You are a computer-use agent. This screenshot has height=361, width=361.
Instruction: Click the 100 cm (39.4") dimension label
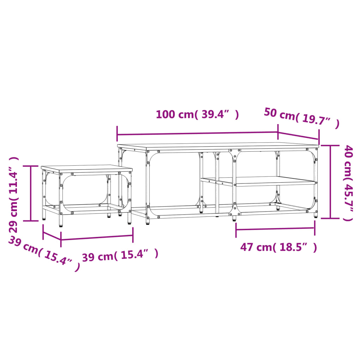click(x=197, y=115)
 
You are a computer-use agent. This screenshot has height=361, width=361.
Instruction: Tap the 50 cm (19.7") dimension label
click(x=301, y=118)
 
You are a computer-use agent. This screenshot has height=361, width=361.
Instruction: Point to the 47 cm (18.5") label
click(x=279, y=247)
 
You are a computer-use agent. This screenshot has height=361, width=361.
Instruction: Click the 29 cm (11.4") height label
click(x=14, y=194)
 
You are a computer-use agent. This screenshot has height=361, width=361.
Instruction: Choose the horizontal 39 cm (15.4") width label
click(x=120, y=255)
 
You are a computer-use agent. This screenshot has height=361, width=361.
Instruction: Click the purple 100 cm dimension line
click(x=197, y=134)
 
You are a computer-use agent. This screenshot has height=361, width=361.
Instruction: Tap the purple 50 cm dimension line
click(x=298, y=136)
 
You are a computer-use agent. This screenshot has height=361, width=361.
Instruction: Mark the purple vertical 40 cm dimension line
click(x=330, y=182)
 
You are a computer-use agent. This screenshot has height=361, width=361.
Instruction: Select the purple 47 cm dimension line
click(x=275, y=228)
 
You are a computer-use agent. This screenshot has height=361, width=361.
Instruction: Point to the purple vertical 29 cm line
click(x=31, y=193)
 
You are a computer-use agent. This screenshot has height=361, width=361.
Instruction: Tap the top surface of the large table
click(x=219, y=146)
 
